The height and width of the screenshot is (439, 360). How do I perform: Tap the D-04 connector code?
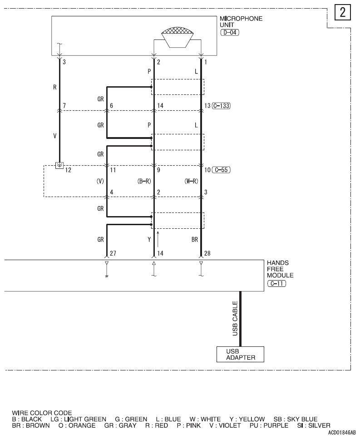pyautogui.click(x=229, y=33)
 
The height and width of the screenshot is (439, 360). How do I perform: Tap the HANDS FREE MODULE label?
pyautogui.click(x=280, y=269)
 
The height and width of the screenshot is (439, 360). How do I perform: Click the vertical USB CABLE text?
pyautogui.click(x=235, y=319)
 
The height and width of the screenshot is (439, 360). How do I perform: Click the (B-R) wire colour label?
pyautogui.click(x=144, y=181)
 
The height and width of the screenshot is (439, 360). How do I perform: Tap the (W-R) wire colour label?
pyautogui.click(x=191, y=181)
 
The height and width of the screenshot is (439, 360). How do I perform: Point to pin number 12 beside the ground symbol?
pyautogui.click(x=69, y=170)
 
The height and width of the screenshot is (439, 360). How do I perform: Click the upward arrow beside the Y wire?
pyautogui.click(x=158, y=239)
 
